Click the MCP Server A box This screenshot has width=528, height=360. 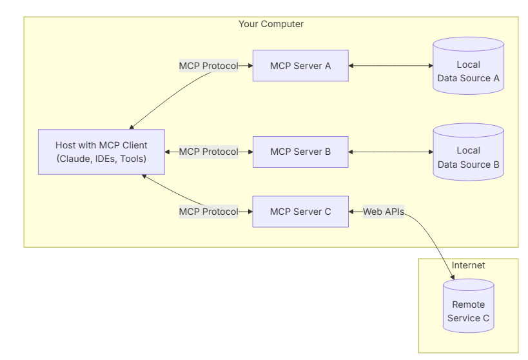[x=300, y=66]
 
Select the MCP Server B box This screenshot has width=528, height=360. [x=300, y=152]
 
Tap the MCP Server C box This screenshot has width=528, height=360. [x=300, y=212]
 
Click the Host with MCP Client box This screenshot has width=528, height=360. [x=101, y=152]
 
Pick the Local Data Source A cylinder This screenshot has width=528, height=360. [x=469, y=66]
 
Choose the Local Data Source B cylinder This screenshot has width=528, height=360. [x=469, y=152]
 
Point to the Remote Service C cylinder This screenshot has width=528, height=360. [x=469, y=306]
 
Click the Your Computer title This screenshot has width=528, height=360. [x=271, y=24]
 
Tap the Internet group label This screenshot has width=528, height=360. [x=468, y=265]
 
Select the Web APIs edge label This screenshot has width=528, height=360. [x=384, y=212]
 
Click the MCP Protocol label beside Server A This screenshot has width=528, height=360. [x=209, y=66]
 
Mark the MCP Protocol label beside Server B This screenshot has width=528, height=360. [x=209, y=152]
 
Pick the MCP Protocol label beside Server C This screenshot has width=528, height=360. [x=209, y=212]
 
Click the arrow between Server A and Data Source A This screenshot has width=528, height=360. [x=391, y=66]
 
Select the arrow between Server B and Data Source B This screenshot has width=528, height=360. [x=391, y=152]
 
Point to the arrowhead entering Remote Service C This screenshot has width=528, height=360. [x=453, y=277]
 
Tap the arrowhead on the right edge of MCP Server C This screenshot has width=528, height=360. [x=351, y=212]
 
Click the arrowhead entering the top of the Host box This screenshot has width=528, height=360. [x=132, y=127]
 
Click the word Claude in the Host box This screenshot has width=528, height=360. [x=72, y=159]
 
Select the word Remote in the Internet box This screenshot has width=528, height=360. [x=469, y=305]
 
